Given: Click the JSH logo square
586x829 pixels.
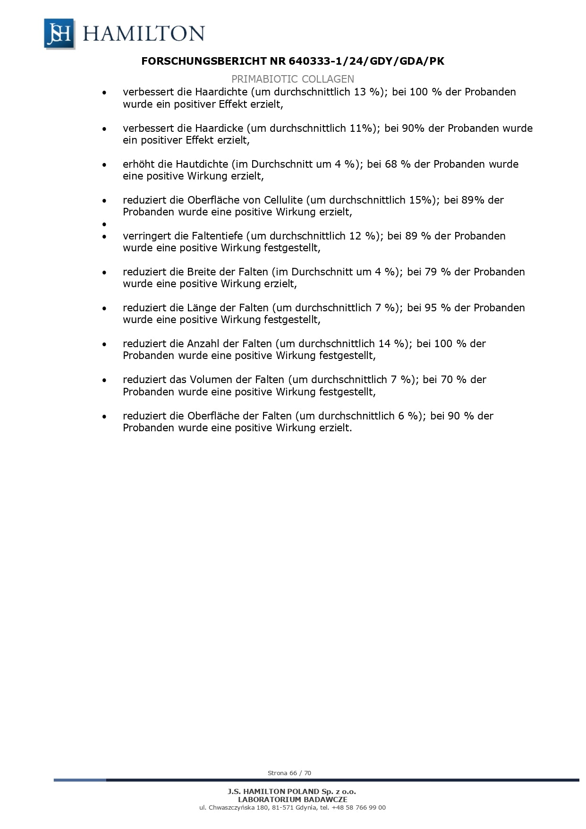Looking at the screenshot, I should pos(59,34).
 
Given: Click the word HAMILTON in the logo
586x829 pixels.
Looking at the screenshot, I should pos(144,34).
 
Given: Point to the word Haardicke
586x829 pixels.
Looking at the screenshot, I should pos(219,128).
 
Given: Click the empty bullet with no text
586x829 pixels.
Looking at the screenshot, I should pos(104,224).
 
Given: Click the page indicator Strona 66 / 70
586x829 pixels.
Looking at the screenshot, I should pos(289,773).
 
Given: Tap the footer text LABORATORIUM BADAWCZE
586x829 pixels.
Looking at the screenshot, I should pos(292,799).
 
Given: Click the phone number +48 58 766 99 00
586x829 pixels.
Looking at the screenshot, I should pos(359,807).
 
